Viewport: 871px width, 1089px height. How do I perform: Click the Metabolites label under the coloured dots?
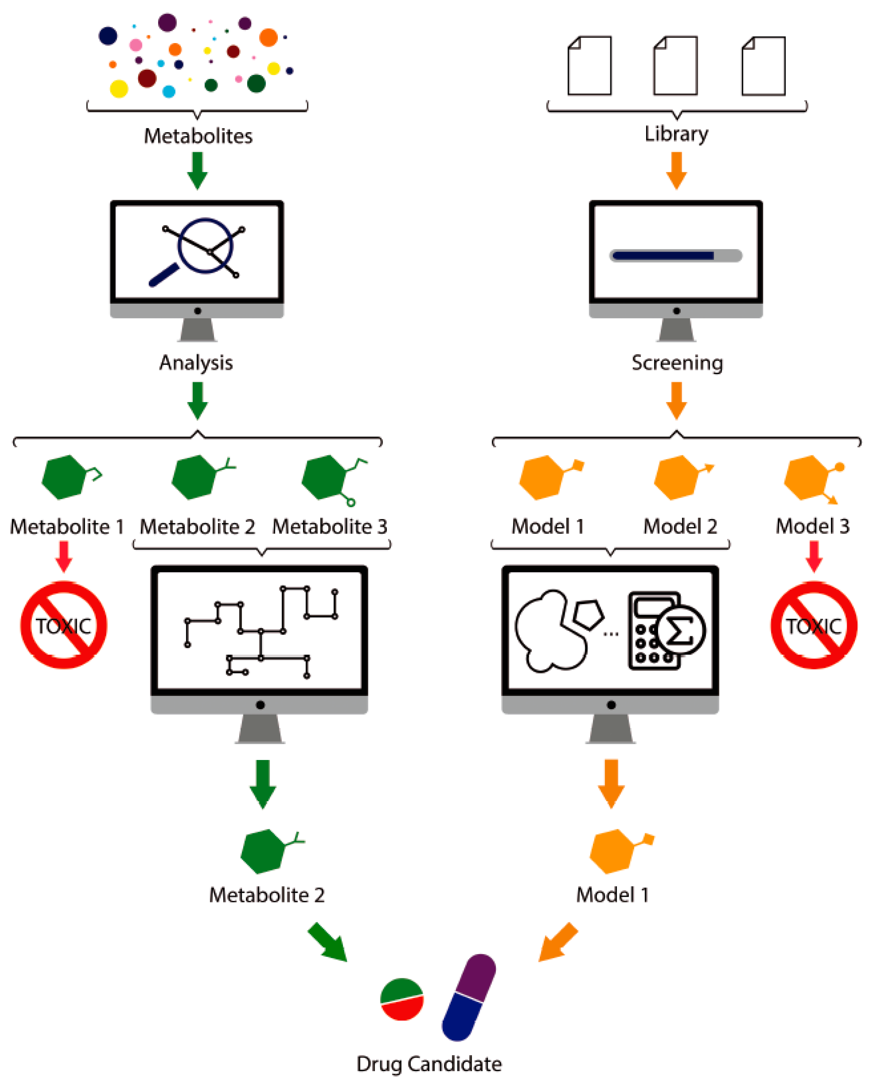198,136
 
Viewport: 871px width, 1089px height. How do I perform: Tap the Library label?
676,133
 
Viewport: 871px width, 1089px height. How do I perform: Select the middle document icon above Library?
676,66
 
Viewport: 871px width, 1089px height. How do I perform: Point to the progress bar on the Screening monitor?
676,256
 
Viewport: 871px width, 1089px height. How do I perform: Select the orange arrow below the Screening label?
676,400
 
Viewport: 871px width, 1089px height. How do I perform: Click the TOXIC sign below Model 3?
813,625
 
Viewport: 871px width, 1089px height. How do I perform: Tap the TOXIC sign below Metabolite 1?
64,625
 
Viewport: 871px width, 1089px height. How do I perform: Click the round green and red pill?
402,999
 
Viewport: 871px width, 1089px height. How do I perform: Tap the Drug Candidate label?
429,1064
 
